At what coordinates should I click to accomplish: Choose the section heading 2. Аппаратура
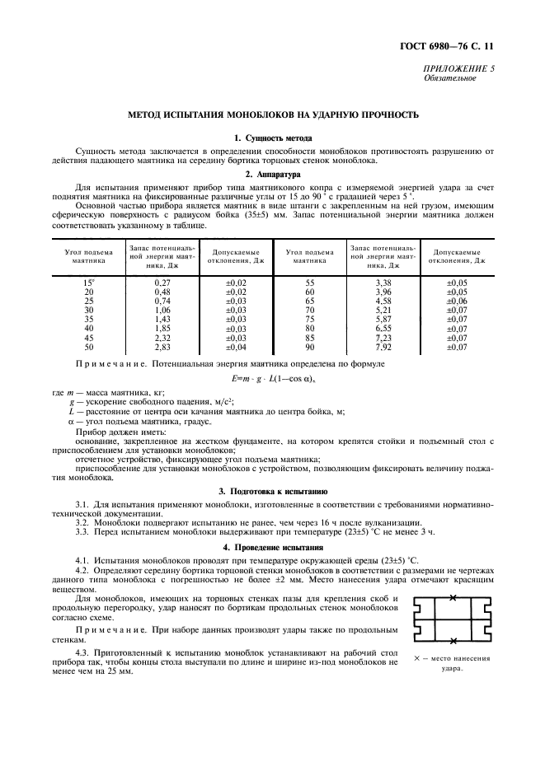[x=272, y=175]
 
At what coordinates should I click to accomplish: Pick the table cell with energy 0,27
[x=162, y=283]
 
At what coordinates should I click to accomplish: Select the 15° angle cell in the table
[x=88, y=283]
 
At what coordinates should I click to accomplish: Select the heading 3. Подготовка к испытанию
[x=272, y=490]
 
